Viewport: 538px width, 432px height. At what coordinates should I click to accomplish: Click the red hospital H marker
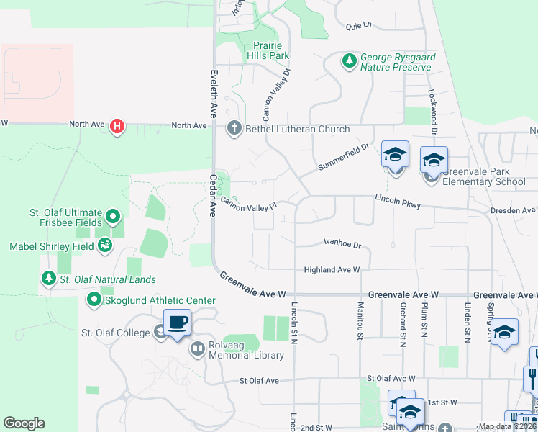click(117, 126)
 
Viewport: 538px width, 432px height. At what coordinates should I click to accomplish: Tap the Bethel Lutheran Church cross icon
click(233, 129)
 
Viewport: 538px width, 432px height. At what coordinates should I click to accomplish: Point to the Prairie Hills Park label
click(268, 50)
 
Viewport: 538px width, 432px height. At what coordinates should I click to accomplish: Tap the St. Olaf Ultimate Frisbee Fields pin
click(113, 216)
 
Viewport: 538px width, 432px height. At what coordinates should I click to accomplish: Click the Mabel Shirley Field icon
click(106, 246)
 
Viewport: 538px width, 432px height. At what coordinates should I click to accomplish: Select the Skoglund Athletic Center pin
click(94, 299)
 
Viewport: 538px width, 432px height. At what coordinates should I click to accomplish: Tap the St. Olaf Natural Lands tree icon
click(48, 279)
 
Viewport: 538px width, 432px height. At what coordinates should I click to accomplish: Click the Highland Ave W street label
click(331, 269)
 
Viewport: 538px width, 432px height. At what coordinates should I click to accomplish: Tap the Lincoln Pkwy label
click(397, 201)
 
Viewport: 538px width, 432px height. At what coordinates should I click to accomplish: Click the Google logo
click(24, 423)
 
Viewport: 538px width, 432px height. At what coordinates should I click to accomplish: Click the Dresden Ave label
click(514, 211)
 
